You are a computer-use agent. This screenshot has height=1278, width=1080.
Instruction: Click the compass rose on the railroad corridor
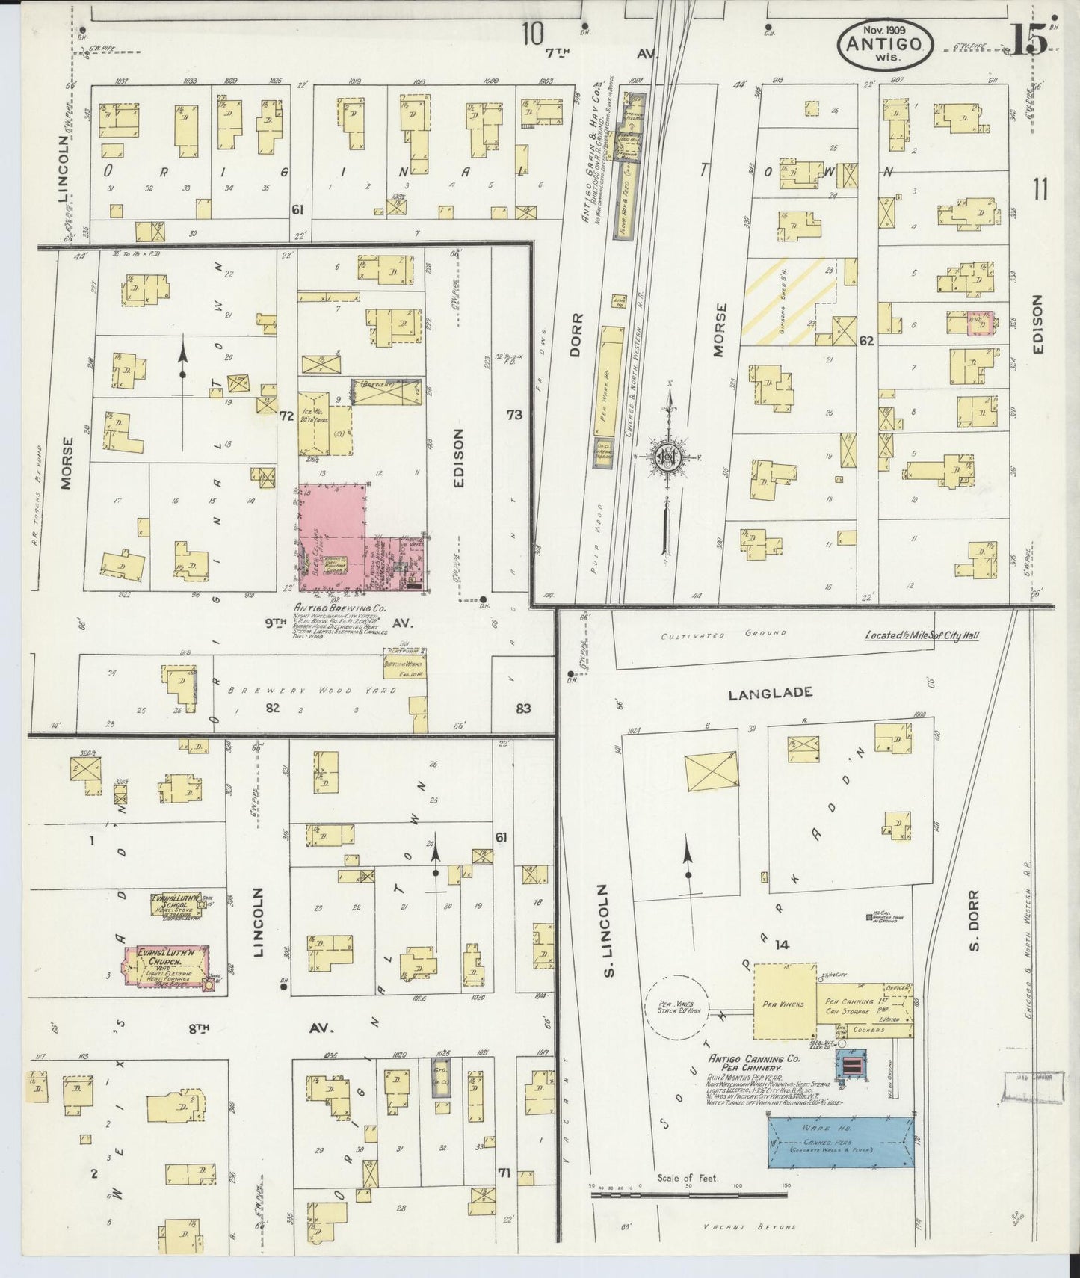667,457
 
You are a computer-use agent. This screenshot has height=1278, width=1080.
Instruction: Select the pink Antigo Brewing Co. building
333,523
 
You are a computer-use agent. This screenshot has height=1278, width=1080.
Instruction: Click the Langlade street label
770,693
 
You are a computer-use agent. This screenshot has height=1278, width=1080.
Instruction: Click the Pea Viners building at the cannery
783,1001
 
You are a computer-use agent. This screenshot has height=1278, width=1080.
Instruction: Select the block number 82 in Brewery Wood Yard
273,707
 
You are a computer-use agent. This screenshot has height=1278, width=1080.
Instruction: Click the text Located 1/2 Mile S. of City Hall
922,636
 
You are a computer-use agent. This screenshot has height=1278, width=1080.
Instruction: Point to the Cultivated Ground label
723,634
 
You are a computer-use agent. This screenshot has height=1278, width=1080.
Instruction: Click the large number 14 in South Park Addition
782,945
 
